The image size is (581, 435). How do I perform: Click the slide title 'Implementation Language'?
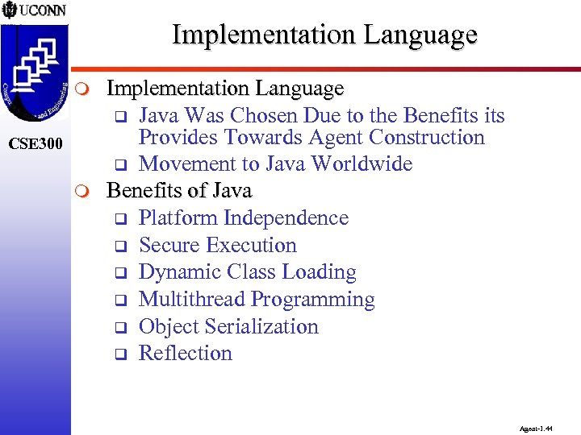coord(324,35)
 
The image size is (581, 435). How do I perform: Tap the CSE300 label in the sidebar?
coord(35,144)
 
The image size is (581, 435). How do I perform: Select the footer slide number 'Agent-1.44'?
coord(537,430)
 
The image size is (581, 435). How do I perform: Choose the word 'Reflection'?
coord(186,353)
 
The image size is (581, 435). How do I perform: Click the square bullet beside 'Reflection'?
coord(117,354)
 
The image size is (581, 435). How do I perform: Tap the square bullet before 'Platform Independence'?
coord(117,219)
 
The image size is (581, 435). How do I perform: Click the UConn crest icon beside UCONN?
coord(9,11)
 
